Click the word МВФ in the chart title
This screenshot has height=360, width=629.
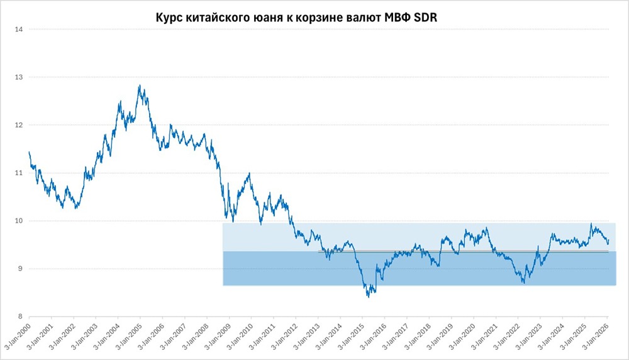(394, 18)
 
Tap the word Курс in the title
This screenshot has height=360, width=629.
(169, 18)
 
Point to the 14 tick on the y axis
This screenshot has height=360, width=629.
(19, 30)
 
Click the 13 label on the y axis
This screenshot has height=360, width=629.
(19, 77)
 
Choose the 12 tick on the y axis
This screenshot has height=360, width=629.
(19, 125)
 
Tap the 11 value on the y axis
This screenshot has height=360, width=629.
(19, 173)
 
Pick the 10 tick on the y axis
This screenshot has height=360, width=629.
(19, 221)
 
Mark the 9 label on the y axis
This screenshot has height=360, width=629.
(21, 269)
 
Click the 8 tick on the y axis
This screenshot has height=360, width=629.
(21, 317)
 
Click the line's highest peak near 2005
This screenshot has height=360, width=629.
(139, 86)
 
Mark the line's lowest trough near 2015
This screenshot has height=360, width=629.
(368, 296)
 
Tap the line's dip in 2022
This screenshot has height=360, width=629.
(523, 283)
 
